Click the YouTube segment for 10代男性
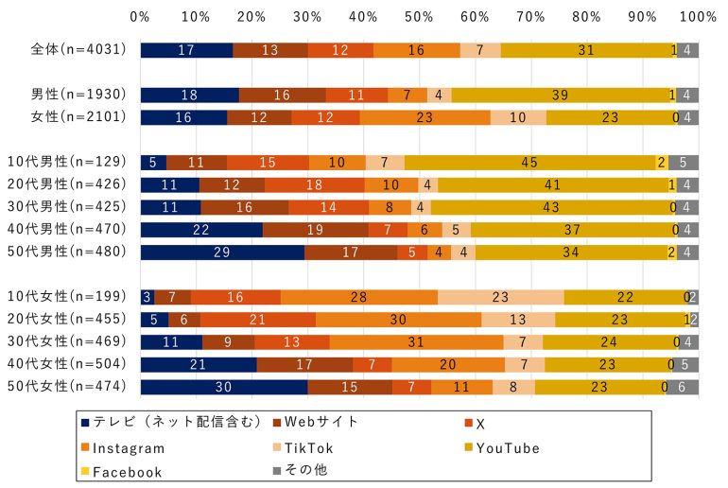529,162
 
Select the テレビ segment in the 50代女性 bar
224,387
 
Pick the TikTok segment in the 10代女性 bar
500,297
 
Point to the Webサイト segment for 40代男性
315,230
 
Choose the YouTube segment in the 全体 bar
587,50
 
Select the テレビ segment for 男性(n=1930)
189,95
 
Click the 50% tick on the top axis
419,17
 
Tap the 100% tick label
698,17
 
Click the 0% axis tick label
140,17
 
